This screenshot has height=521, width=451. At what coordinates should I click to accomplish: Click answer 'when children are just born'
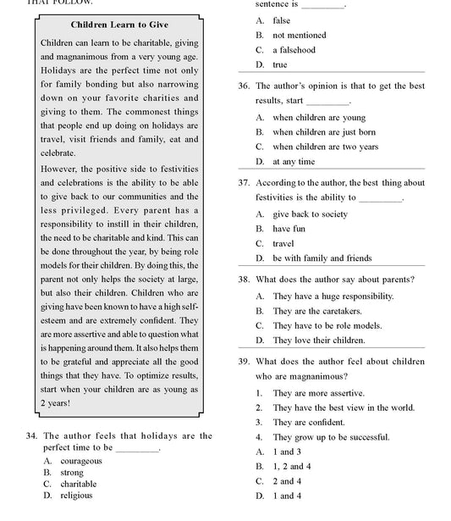[x=324, y=132]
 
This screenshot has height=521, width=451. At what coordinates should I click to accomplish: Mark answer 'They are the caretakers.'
[x=316, y=311]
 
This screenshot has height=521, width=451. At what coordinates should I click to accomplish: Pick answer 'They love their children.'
[x=319, y=340]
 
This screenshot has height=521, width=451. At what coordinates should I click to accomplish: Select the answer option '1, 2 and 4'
[x=292, y=466]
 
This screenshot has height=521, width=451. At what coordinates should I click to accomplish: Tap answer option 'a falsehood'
[x=294, y=50]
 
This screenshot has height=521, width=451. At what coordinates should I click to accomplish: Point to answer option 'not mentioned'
[x=299, y=36]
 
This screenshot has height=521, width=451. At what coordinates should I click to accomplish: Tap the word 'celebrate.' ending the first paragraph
[x=58, y=153]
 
